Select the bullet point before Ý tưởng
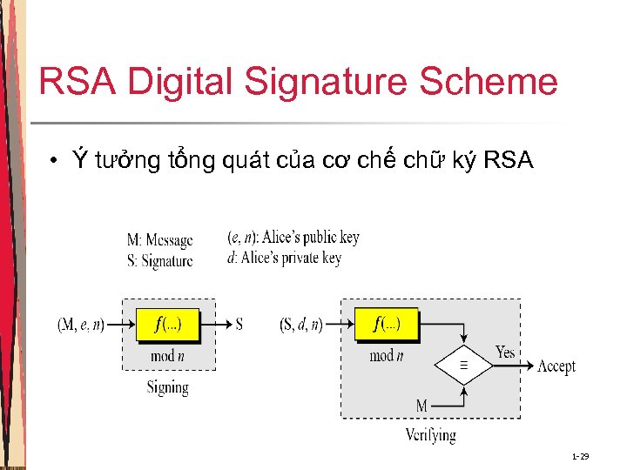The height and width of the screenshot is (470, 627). (x=53, y=161)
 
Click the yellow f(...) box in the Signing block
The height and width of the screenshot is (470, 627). (x=168, y=325)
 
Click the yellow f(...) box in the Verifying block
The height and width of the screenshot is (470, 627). (x=387, y=325)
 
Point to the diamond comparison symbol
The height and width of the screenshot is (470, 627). (x=463, y=366)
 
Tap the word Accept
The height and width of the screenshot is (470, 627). (x=556, y=366)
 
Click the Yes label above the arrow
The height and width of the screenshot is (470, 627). (x=505, y=352)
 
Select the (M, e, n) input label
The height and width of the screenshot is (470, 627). (x=80, y=325)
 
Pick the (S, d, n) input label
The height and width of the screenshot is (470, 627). (x=301, y=325)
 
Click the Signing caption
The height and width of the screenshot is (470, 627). (x=167, y=387)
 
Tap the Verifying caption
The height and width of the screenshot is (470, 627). (x=430, y=434)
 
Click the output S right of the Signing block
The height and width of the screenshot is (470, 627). (x=239, y=325)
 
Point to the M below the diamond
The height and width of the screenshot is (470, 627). (x=421, y=406)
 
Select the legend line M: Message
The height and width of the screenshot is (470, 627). (x=159, y=240)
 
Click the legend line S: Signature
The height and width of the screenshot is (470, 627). (x=159, y=259)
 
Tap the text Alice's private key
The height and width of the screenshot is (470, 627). (x=291, y=258)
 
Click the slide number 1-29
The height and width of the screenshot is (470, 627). (x=580, y=456)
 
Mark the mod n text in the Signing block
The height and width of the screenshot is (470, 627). (x=168, y=355)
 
